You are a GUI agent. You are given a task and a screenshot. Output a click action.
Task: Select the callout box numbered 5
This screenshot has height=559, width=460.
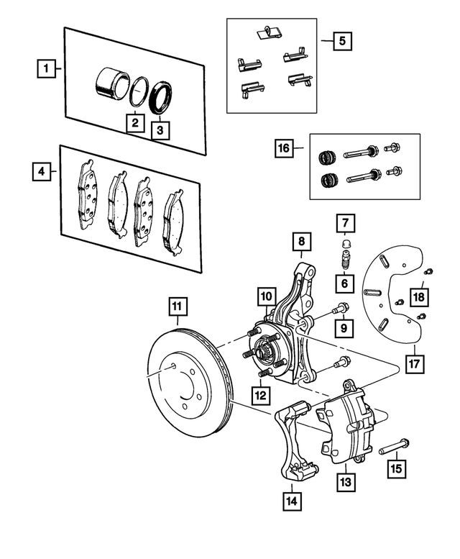(x=342, y=41)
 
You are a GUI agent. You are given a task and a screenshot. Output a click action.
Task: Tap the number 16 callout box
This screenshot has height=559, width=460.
(x=285, y=149)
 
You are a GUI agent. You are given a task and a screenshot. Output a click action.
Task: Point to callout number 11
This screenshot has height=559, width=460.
(x=177, y=308)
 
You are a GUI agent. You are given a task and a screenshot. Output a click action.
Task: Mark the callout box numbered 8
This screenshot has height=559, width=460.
(x=301, y=242)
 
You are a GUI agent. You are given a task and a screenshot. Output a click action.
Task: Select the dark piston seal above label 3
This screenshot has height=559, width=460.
(x=162, y=99)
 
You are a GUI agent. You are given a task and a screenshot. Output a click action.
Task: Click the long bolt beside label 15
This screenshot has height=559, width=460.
(x=393, y=448)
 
